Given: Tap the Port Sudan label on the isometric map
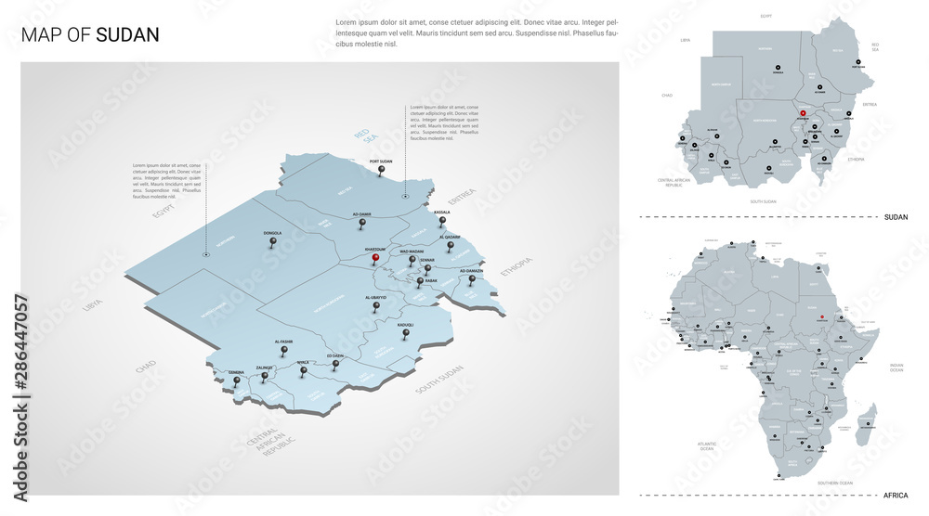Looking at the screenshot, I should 381,161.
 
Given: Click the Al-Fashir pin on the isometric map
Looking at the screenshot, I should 284,350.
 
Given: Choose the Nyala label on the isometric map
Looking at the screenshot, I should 303,362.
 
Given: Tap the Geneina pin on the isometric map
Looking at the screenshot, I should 237,380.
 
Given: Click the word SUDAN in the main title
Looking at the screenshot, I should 127,35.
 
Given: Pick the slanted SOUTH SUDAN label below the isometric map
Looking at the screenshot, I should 438,381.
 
